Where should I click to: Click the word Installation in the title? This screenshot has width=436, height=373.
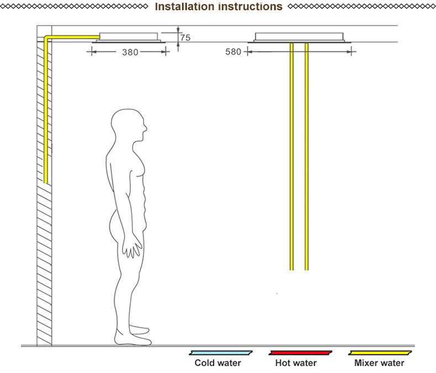(x=184, y=7)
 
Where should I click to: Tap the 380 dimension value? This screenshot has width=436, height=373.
(x=130, y=52)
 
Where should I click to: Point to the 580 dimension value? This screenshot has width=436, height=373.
(x=233, y=52)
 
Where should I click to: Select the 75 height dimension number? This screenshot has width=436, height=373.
(x=185, y=38)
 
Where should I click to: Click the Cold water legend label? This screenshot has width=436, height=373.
(x=218, y=363)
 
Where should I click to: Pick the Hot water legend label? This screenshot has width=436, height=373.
(x=296, y=363)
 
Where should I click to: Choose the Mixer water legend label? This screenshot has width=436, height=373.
(x=379, y=363)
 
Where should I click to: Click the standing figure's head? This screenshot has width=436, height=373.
(x=129, y=127)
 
